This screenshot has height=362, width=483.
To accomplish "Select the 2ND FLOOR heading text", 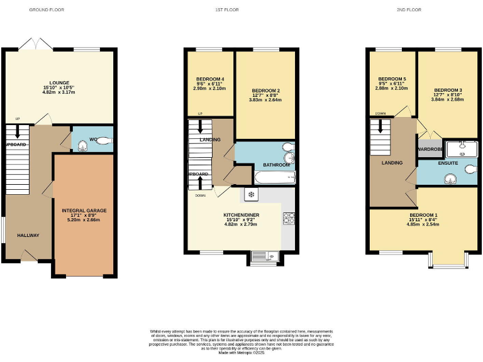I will tap(409, 10).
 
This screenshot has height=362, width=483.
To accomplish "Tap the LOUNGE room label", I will tap(59, 82).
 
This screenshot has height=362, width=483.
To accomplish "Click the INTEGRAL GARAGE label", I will tap(84, 211).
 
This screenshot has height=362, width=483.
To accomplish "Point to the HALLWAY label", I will tap(28, 236).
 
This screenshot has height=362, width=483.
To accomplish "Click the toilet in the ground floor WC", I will tap(104, 141).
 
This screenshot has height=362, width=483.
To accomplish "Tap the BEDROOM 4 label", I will tap(209, 79).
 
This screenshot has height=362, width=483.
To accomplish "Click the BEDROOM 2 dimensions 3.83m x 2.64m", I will tap(265, 99).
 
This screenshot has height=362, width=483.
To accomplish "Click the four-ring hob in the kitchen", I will tap(289, 218).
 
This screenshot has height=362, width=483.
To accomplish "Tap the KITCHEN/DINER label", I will tap(241, 215).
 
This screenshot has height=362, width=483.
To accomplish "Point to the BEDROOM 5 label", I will tap(392, 79).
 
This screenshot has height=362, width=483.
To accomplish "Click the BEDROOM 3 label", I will tap(448, 90).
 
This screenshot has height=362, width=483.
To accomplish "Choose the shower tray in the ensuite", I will tap(462, 148).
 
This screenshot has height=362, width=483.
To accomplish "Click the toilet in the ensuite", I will tap(469, 170).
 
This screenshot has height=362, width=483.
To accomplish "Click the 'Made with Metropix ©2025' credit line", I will tap(241, 353).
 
